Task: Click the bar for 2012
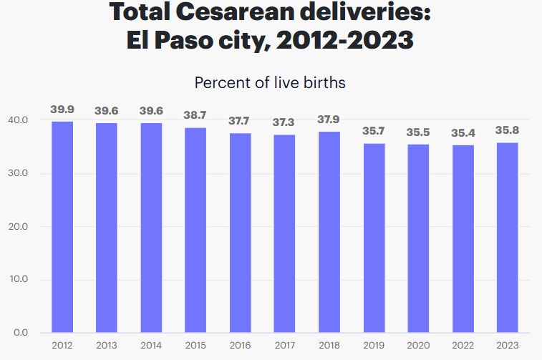point(62,227)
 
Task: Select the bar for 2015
point(195,230)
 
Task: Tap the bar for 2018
point(329,232)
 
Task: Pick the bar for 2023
point(507,238)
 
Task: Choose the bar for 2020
point(418,238)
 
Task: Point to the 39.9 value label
point(62,110)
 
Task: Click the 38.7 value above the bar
point(195,115)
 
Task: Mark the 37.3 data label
point(284,122)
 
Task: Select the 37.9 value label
point(329,120)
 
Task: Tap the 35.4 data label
point(463,132)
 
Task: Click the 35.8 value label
point(507,130)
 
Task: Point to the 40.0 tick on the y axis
point(19,120)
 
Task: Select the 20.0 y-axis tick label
point(19,227)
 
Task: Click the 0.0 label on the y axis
point(22,333)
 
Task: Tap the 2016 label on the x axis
point(240,346)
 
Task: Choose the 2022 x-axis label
point(463,346)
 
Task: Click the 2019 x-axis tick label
point(374,346)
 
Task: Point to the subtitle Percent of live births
point(270,82)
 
